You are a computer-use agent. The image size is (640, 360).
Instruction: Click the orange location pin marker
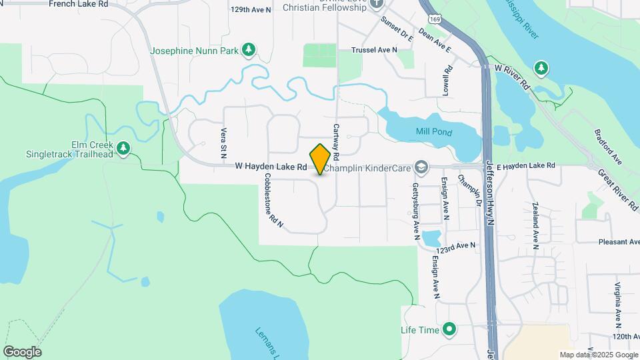click(321, 159)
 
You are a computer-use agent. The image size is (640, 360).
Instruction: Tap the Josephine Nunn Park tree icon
click(249, 49)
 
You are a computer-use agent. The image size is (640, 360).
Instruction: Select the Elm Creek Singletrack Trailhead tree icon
click(123, 148)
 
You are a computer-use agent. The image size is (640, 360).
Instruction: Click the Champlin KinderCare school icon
click(421, 165)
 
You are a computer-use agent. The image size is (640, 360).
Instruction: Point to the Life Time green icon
click(450, 329)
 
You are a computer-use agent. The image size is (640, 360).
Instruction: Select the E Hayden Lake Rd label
click(525, 165)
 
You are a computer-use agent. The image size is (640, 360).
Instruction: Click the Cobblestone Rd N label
click(273, 202)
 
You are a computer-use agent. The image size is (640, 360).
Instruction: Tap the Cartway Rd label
click(337, 141)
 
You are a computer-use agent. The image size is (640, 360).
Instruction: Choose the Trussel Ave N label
click(375, 49)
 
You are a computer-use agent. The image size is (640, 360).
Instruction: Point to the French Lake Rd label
click(79, 4)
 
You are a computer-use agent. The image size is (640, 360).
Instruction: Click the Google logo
click(22, 352)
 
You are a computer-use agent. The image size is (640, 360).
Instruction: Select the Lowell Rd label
click(448, 79)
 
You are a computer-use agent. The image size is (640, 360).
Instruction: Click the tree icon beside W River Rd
click(542, 67)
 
